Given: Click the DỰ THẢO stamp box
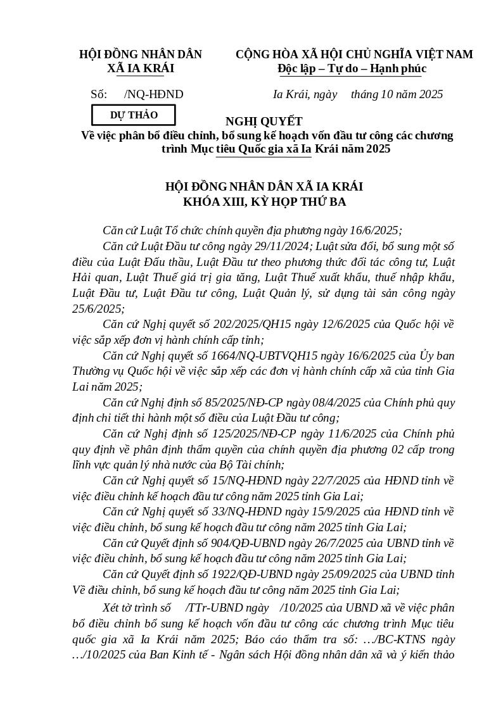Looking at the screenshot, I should coord(134,115).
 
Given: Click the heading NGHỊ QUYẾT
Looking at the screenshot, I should coord(264,122).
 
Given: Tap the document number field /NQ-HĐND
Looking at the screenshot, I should coord(154,94).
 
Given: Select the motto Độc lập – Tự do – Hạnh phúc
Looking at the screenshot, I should coord(352,68).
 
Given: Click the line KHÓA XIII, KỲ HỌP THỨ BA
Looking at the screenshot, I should coord(264,202).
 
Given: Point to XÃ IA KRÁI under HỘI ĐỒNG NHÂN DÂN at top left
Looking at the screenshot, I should coord(140,68).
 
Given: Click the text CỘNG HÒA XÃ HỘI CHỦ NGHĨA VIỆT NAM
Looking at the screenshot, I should coord(354,54).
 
